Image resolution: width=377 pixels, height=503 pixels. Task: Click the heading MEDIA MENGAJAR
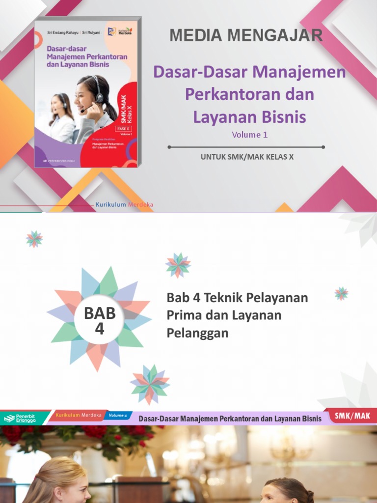(246, 35)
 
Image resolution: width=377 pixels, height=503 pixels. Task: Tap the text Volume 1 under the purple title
(249, 135)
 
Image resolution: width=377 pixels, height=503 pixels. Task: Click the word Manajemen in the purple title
(299, 72)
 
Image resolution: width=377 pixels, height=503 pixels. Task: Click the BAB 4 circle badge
(99, 320)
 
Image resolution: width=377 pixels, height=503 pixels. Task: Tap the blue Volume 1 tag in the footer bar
(118, 416)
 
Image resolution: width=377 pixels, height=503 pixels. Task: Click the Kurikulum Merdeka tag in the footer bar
(79, 416)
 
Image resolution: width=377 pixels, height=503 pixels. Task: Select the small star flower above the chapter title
(178, 265)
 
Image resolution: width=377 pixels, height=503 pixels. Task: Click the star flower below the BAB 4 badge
(150, 385)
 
